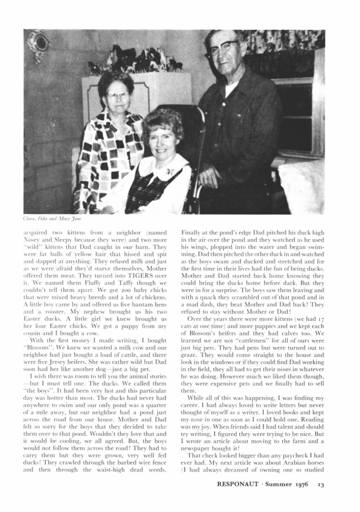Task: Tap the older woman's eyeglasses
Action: coord(117,95)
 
